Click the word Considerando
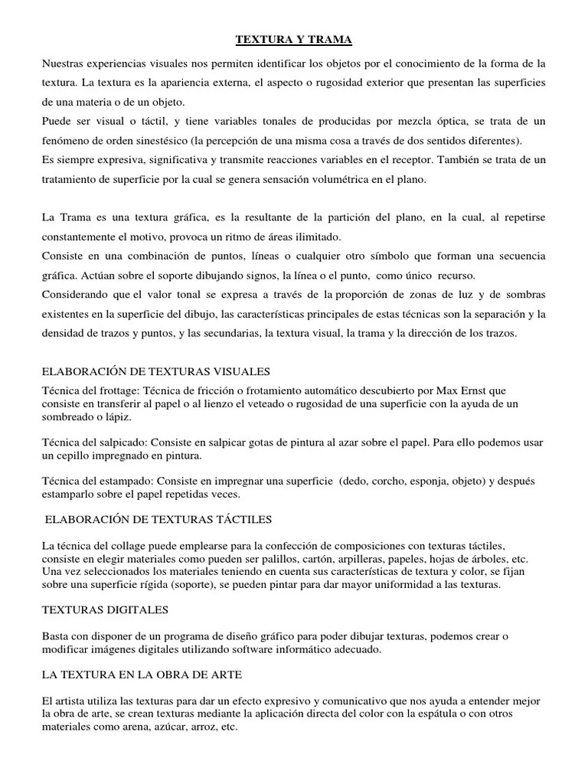(x=77, y=295)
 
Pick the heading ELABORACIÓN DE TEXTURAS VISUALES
(x=156, y=371)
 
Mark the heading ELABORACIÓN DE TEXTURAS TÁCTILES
(x=159, y=520)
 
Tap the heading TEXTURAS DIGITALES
(x=106, y=610)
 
